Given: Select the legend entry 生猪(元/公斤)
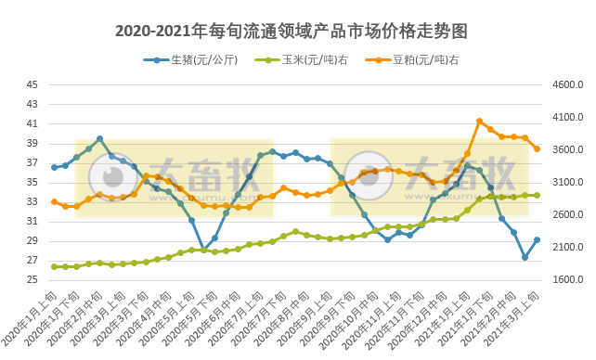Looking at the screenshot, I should [x=200, y=60].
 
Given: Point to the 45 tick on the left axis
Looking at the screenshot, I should [x=32, y=84].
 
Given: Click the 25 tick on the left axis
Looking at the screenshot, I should [x=32, y=280].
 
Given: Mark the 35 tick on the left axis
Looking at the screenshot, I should [x=32, y=182].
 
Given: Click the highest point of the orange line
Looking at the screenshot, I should [x=479, y=121].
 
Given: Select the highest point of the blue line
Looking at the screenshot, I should [x=99, y=139].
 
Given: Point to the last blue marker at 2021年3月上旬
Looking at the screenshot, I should [x=537, y=239].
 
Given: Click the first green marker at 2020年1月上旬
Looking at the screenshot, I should [x=54, y=266].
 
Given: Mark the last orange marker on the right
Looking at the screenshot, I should [x=537, y=148].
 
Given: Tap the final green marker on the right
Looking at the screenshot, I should [x=537, y=196].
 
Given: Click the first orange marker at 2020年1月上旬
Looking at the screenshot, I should [x=54, y=201].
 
